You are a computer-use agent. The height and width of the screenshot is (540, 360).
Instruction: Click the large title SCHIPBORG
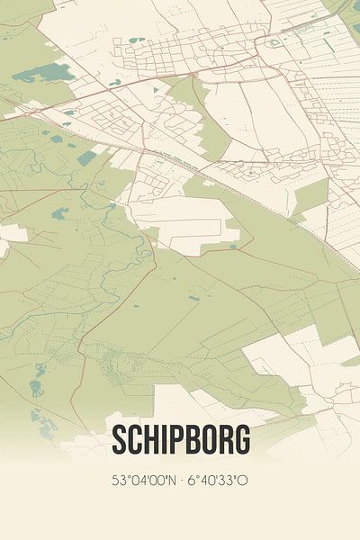180,441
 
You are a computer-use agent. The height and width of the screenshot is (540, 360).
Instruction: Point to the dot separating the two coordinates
180,481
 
